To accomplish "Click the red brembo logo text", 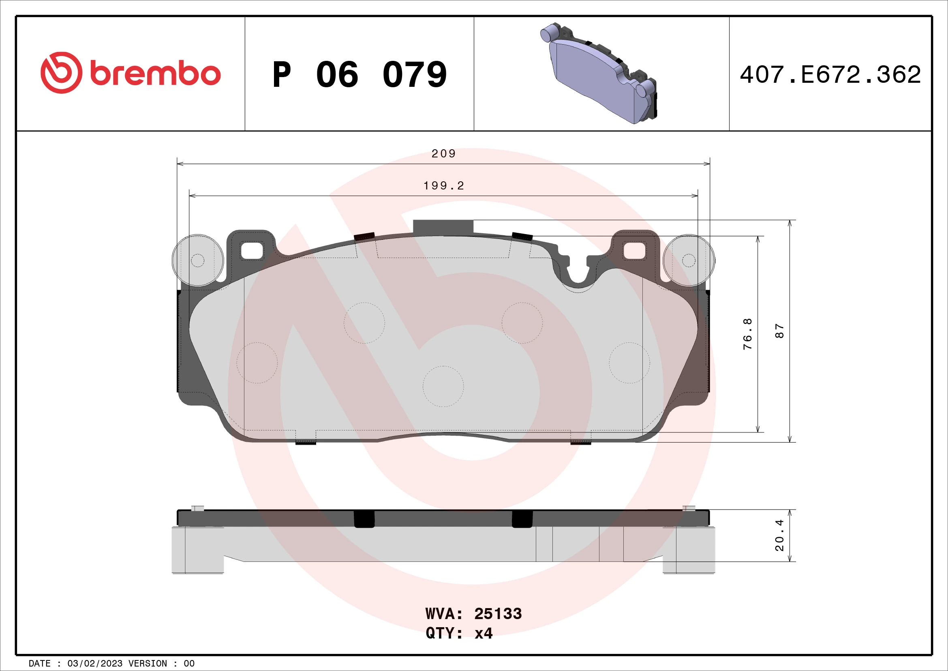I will click(x=155, y=73).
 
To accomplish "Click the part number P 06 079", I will click(x=359, y=75).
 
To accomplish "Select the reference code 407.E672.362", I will click(x=830, y=75).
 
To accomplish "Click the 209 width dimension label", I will click(x=443, y=154).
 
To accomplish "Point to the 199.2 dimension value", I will click(x=444, y=186).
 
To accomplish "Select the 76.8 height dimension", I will click(x=747, y=334).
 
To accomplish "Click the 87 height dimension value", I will click(x=779, y=331).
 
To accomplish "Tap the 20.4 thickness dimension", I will click(x=779, y=535).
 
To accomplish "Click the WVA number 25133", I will click(x=498, y=613).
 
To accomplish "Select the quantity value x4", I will click(x=483, y=633).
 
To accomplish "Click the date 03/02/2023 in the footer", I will click(x=94, y=663).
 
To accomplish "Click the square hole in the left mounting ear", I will click(x=251, y=251).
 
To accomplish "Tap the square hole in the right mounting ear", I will click(x=634, y=251).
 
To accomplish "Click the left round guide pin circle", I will click(x=198, y=260).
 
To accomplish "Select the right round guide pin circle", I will click(x=689, y=260).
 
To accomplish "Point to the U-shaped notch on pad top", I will click(x=578, y=274).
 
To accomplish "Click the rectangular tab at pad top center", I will click(x=443, y=227).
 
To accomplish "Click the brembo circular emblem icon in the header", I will click(x=61, y=73).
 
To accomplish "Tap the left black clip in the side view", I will click(x=364, y=519).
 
